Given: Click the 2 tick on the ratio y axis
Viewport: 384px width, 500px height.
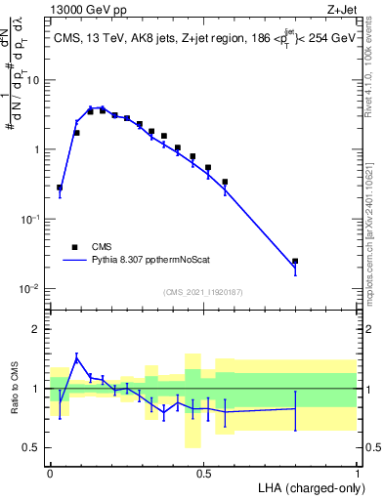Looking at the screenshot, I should [x=38, y=329].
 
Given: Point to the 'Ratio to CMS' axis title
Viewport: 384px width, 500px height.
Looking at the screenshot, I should [x=15, y=388].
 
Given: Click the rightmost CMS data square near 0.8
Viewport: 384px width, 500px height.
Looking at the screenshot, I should [x=295, y=262].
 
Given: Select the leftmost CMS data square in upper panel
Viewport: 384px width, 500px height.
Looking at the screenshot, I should [x=60, y=187].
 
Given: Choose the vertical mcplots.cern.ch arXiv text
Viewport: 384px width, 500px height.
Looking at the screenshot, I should [x=375, y=225].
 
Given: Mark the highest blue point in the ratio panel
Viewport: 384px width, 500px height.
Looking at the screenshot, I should [x=76, y=358].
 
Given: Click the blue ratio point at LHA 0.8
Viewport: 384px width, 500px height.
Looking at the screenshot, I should [x=295, y=408].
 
